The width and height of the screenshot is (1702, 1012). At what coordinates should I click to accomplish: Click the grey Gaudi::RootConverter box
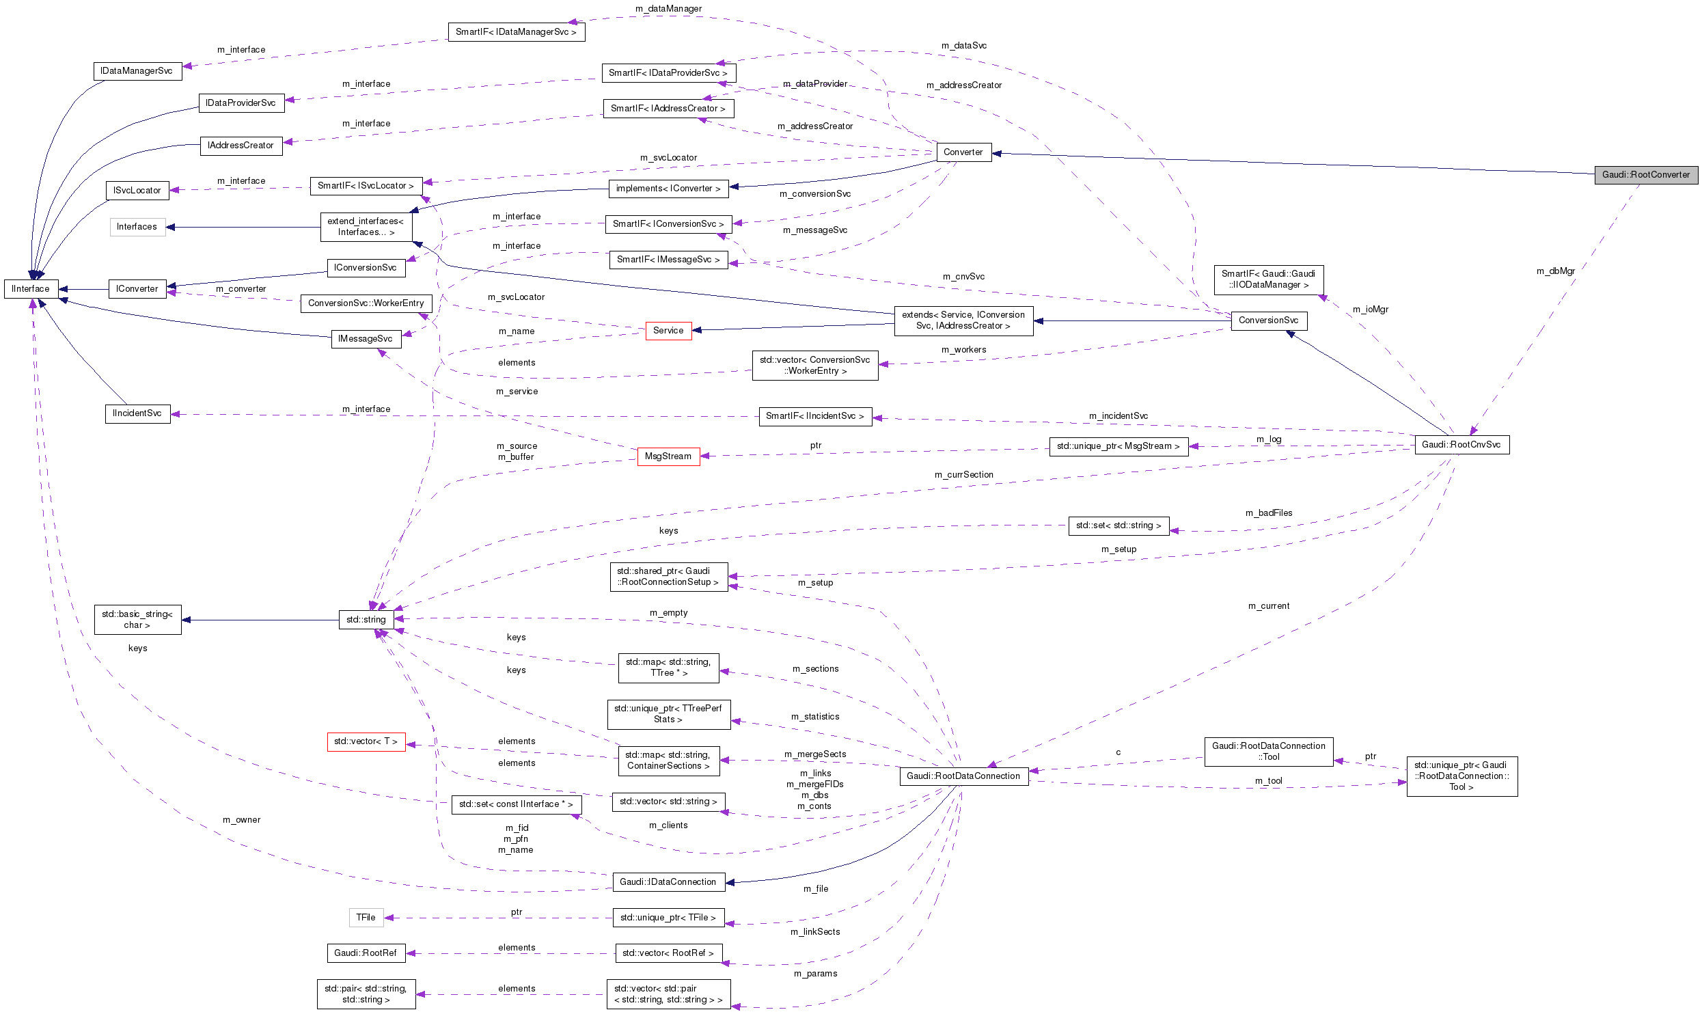1645,175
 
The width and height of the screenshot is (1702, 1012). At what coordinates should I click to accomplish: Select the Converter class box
963,152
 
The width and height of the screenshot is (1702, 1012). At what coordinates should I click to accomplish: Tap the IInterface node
31,289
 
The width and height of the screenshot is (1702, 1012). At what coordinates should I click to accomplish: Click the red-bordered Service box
668,331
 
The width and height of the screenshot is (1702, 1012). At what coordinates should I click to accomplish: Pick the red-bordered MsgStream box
668,456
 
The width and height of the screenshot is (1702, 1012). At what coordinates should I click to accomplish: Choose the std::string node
366,620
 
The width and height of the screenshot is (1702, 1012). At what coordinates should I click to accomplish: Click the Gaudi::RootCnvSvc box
1461,445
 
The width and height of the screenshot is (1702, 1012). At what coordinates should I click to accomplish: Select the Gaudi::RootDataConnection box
963,776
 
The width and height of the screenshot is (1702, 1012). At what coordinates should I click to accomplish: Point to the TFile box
366,918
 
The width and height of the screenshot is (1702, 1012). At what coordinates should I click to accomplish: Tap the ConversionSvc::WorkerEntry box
366,303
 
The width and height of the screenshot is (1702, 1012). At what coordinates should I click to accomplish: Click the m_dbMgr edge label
1555,271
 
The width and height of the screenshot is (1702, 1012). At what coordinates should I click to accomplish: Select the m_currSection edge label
963,475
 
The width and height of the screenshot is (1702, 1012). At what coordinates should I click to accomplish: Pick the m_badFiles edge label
1268,513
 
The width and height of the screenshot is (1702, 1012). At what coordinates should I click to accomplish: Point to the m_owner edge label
241,820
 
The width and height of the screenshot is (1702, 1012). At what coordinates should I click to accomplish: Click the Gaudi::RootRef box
366,953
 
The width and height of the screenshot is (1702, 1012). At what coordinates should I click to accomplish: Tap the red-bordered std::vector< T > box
366,741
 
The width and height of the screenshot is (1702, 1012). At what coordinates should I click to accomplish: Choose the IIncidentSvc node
137,413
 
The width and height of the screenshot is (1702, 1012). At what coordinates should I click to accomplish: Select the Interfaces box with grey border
137,227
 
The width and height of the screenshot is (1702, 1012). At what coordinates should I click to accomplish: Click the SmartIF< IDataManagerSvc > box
516,32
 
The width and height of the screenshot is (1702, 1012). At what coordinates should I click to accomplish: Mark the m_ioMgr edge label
1370,310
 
